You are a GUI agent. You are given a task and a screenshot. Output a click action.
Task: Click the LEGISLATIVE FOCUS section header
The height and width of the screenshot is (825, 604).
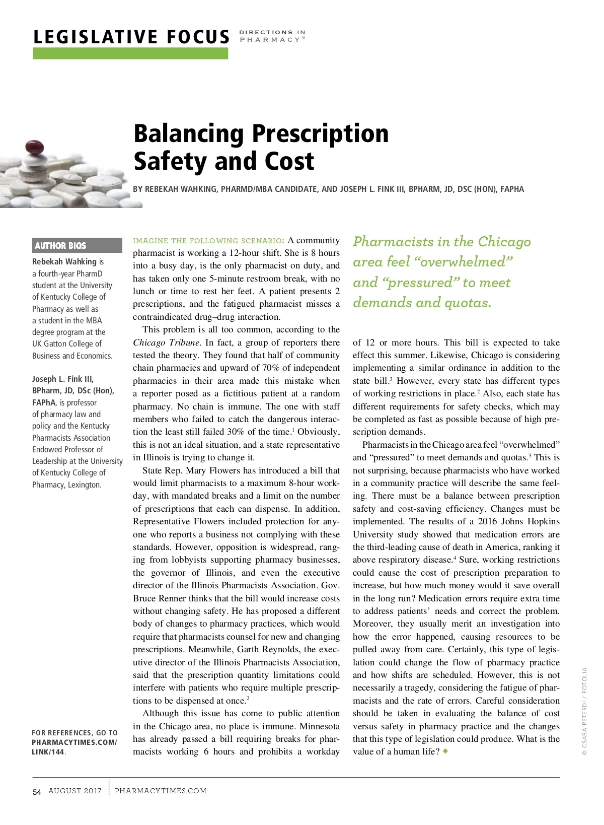(x=131, y=37)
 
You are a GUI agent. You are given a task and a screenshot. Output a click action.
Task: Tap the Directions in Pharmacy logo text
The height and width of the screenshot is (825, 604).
(x=272, y=36)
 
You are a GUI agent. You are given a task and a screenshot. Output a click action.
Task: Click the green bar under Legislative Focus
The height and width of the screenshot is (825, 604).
(x=130, y=53)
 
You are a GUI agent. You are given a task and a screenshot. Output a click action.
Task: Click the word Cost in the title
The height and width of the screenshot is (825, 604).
(x=289, y=161)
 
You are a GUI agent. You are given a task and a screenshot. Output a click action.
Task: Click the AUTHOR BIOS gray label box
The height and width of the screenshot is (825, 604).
(x=77, y=245)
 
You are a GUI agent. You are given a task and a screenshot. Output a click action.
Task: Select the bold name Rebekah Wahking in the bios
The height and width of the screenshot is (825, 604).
(x=64, y=261)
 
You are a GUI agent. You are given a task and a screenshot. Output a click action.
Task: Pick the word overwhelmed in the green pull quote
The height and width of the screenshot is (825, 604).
(x=466, y=262)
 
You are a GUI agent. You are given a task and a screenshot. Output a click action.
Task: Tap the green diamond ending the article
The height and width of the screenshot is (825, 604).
(x=445, y=751)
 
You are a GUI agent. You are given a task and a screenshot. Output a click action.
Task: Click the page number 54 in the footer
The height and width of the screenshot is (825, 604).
(x=37, y=792)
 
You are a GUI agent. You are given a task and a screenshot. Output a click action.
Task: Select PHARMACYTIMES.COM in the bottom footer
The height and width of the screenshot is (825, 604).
(x=161, y=791)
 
